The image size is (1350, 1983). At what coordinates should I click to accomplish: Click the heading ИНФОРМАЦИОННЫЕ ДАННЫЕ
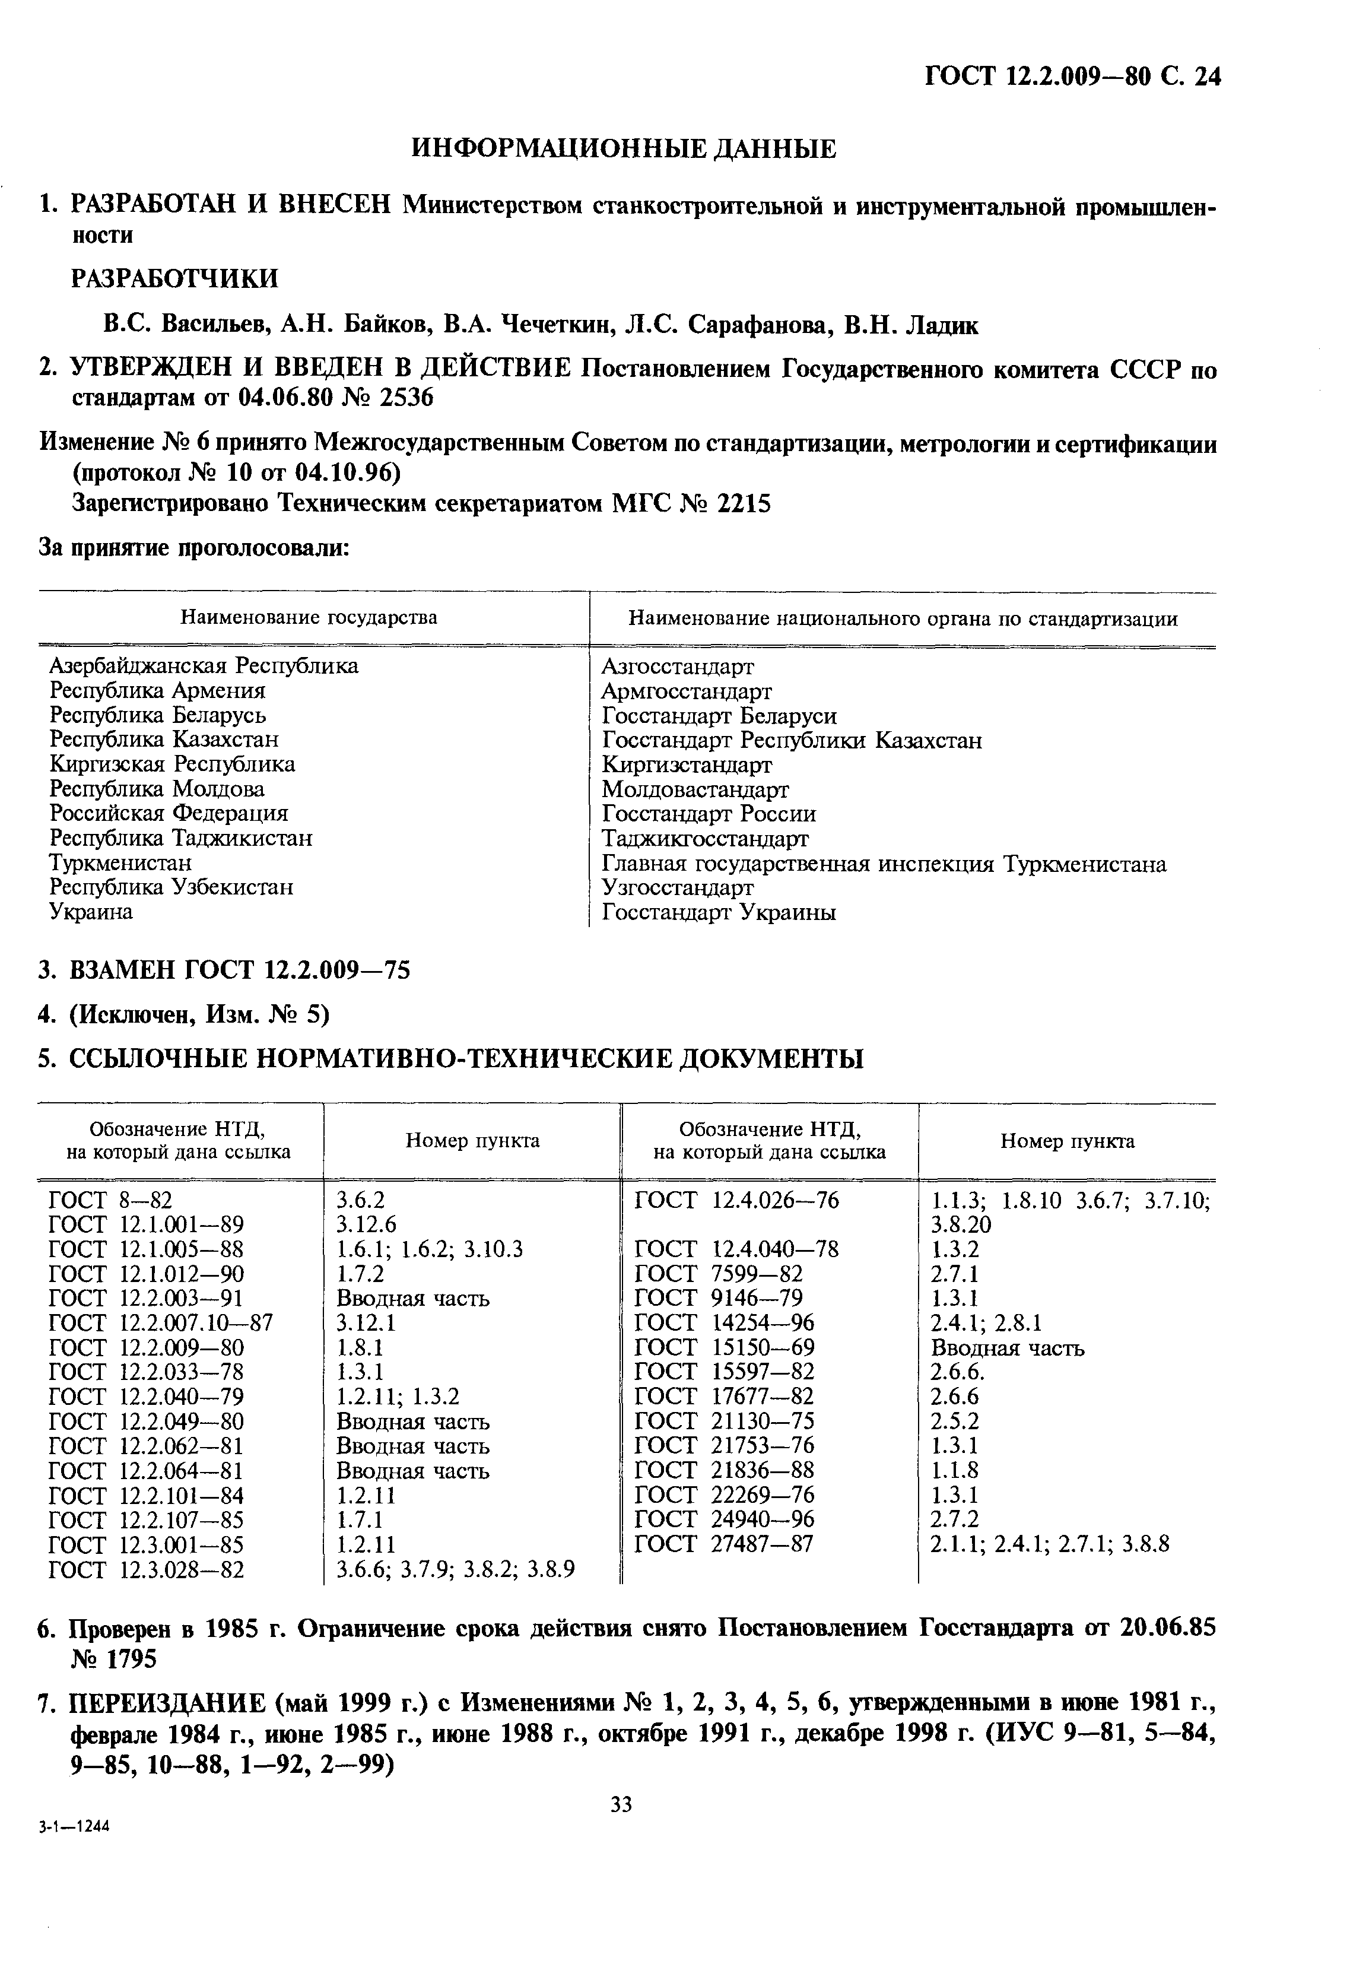[x=623, y=150]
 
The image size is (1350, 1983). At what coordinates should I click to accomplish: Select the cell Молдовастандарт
[x=695, y=789]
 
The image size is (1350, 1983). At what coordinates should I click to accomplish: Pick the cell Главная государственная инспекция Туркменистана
[x=883, y=864]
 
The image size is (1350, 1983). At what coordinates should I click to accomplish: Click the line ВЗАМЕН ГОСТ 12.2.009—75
[x=239, y=970]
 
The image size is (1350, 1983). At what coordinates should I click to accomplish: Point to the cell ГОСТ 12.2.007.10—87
[x=161, y=1324]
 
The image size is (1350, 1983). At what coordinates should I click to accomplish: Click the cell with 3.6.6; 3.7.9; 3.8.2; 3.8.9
[x=455, y=1569]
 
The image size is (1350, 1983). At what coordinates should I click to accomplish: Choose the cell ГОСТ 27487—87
[x=725, y=1544]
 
